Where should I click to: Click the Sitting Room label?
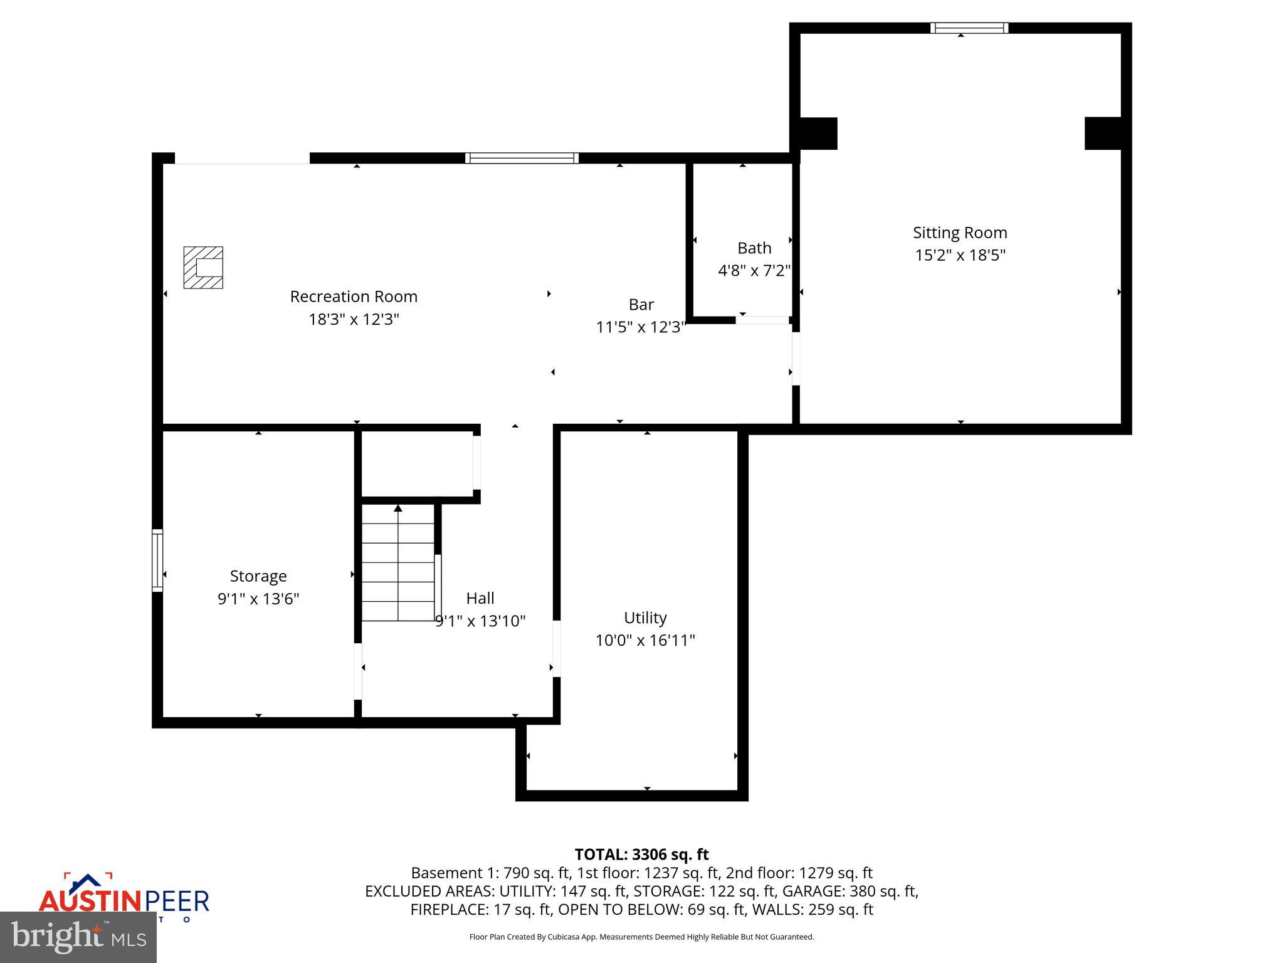click(959, 233)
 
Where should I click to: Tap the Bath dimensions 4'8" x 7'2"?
click(754, 271)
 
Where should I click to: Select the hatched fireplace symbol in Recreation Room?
click(203, 268)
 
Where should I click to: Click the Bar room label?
click(641, 305)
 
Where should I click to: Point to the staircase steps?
click(398, 564)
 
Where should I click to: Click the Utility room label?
click(645, 618)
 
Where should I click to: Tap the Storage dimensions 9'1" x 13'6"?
click(258, 599)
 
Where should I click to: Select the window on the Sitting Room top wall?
click(969, 28)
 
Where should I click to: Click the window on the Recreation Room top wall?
click(521, 158)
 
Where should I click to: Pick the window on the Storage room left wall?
click(157, 560)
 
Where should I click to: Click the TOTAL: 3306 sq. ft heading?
click(641, 855)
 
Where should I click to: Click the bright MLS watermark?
click(78, 937)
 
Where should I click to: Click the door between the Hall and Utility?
click(556, 648)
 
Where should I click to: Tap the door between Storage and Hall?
click(358, 671)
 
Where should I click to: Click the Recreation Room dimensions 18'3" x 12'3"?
click(354, 320)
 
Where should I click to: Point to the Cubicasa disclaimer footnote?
click(641, 937)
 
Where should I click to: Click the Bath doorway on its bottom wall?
click(762, 320)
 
